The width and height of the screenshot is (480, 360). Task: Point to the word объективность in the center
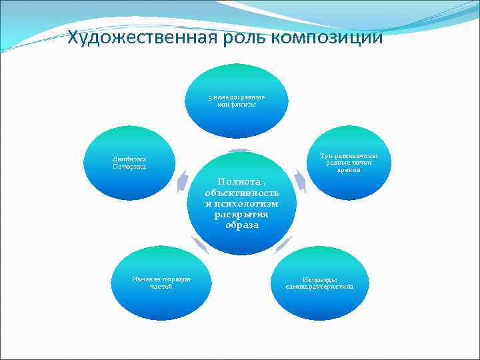tap(241, 193)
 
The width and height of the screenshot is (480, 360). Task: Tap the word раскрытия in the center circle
tap(241, 214)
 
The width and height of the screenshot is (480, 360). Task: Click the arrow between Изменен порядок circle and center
tap(200, 245)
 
